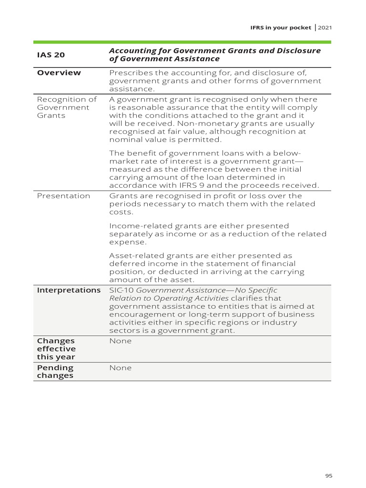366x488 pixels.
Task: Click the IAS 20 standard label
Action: click(51, 55)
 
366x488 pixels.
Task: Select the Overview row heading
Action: click(59, 73)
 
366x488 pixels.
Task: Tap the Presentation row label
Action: click(63, 196)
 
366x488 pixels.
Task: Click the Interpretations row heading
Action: click(69, 290)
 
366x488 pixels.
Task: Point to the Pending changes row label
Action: click(55, 372)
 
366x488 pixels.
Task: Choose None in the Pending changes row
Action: click(120, 368)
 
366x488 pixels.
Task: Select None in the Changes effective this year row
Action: click(120, 341)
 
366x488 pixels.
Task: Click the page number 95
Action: click(328, 476)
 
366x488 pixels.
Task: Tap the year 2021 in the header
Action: click(325, 28)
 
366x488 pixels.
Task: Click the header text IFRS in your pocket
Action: click(281, 28)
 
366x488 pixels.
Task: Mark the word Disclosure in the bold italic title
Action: click(296, 51)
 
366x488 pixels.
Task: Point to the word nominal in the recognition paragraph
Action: click(125, 140)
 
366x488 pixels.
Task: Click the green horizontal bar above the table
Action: click(183, 42)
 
